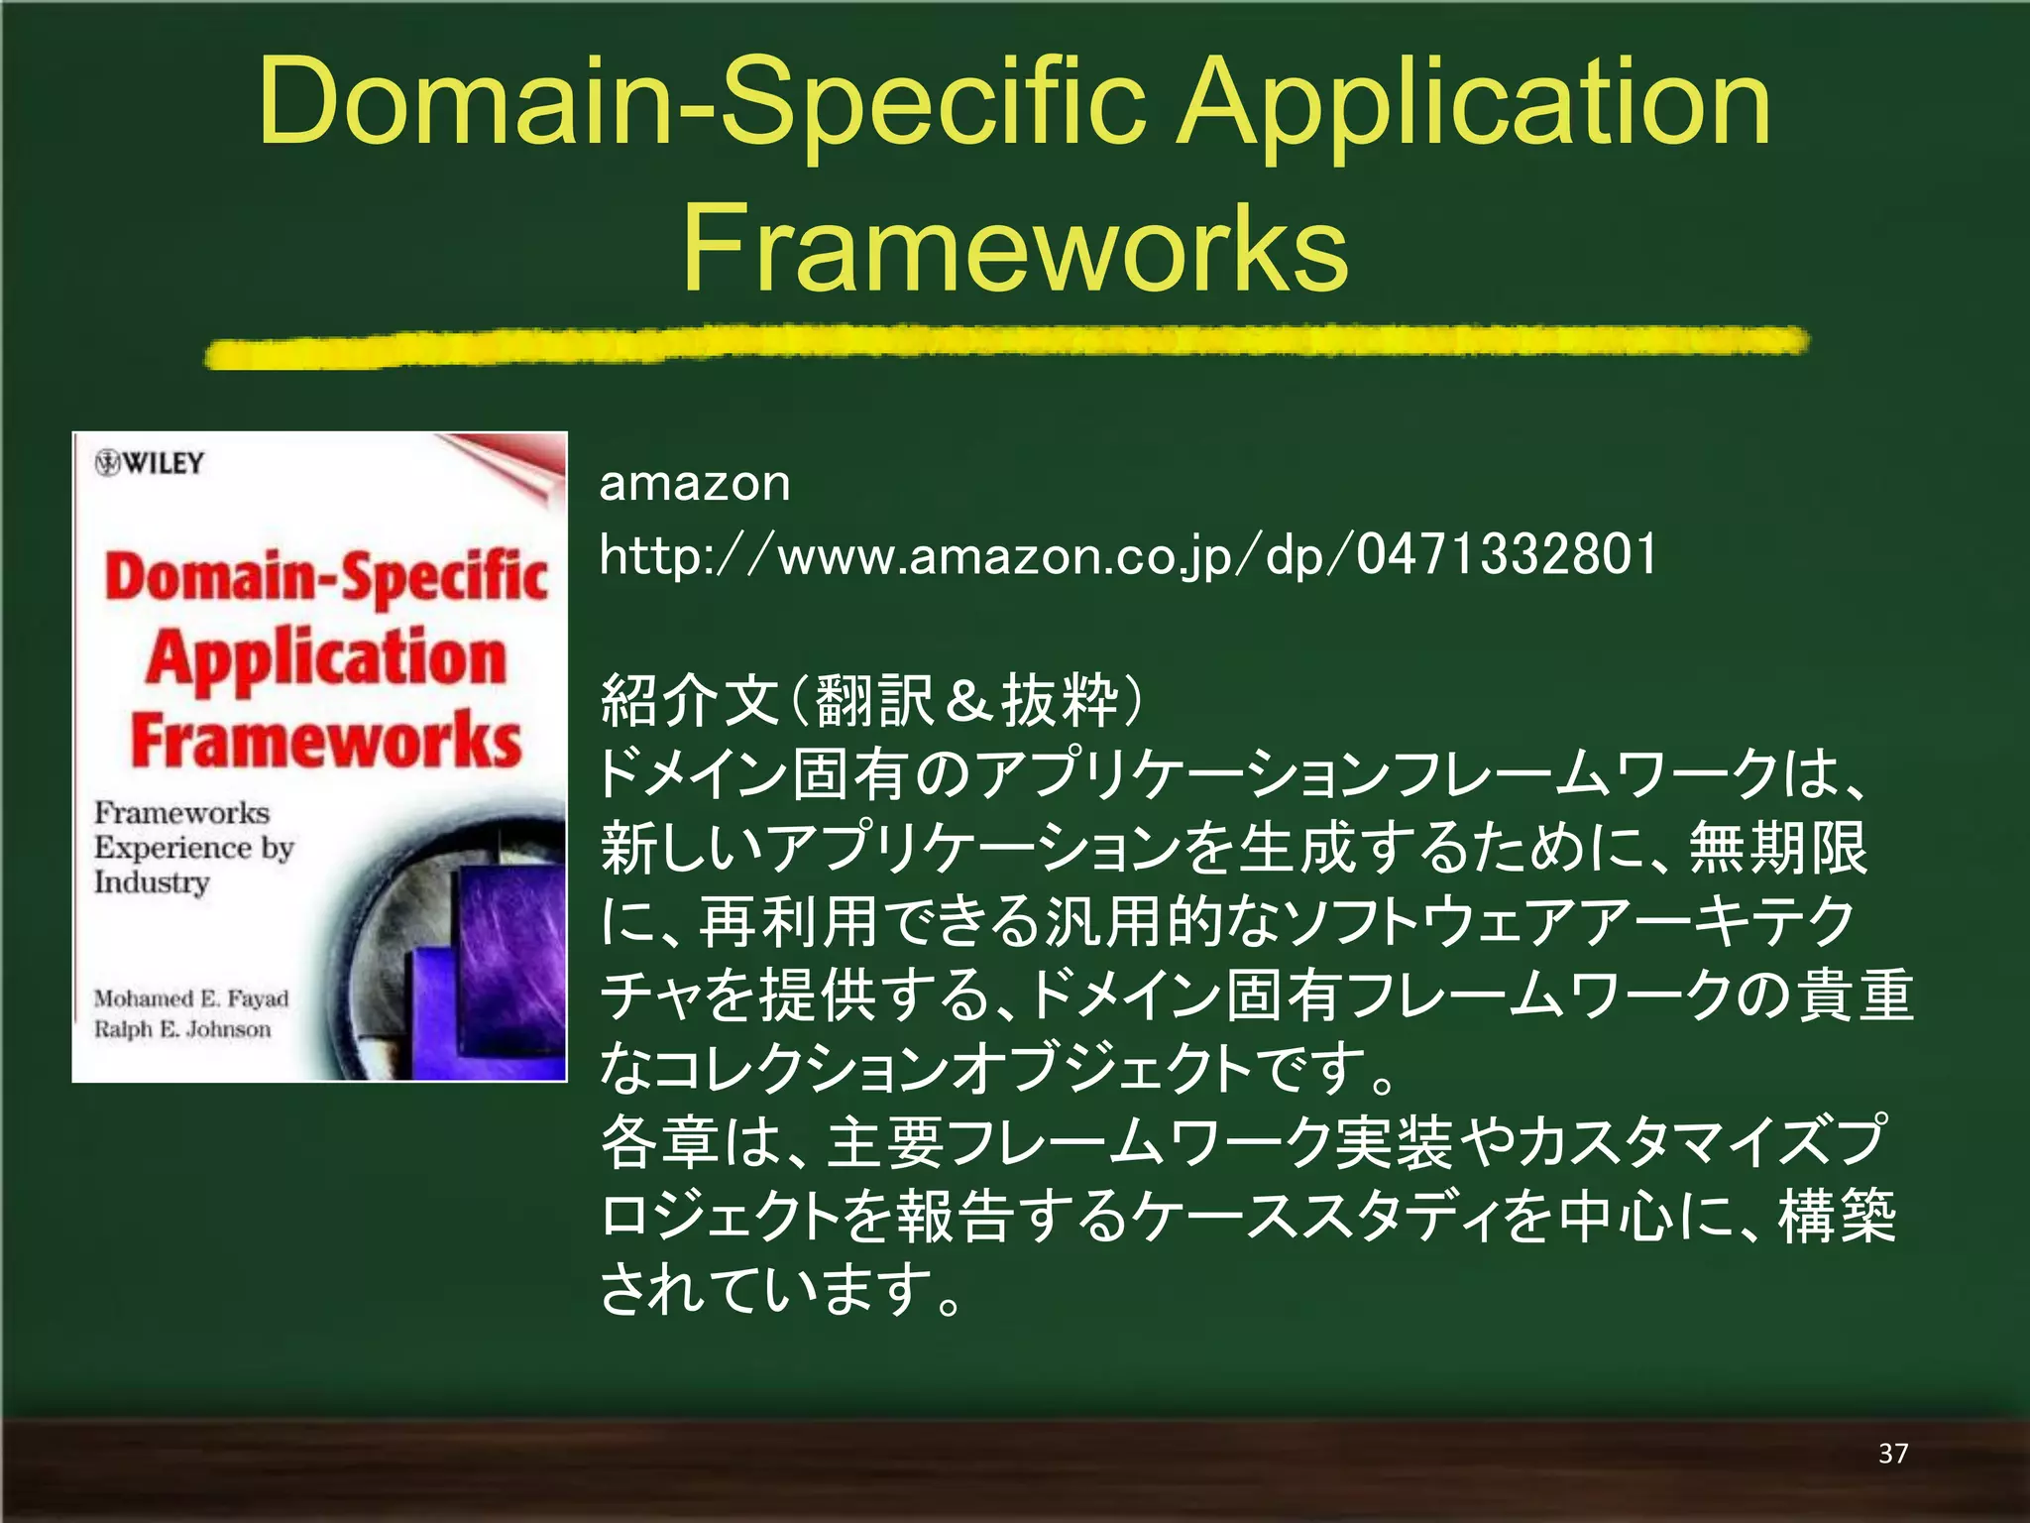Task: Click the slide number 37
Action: pos(1892,1453)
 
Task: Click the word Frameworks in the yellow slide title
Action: pos(1015,248)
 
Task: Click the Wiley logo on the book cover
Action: pos(150,463)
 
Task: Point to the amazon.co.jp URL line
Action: pos(1128,555)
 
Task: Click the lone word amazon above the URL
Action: pos(695,484)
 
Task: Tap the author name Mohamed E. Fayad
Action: pos(191,998)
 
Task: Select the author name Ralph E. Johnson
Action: pos(182,1029)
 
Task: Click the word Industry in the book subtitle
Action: pos(152,882)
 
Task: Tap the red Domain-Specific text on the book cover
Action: pos(326,577)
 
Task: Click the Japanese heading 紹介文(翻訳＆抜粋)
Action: pos(872,699)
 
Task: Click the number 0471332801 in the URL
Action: pos(1507,555)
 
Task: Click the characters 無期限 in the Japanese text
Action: pos(1778,848)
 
